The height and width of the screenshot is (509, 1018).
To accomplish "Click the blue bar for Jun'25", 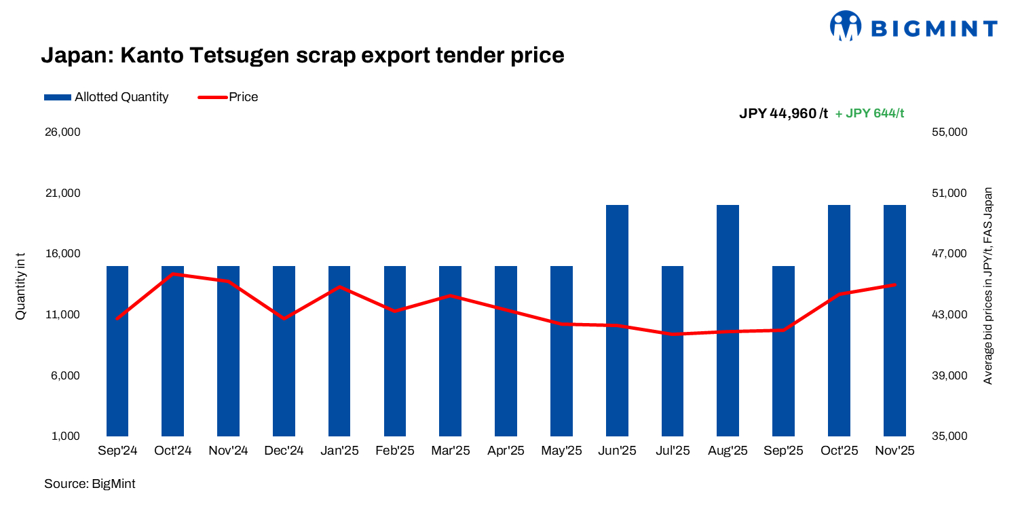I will pos(617,320).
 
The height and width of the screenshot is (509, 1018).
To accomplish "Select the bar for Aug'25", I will pos(728,320).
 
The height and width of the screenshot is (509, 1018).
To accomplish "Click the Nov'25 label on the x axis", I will pos(894,451).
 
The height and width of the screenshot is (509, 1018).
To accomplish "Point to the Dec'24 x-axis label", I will pos(284,451).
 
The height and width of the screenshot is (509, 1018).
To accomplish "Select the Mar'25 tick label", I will pos(451,451).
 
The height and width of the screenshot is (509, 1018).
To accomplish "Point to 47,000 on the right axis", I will pos(949,254).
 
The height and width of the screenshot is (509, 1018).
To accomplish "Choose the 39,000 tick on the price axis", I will pos(949,375).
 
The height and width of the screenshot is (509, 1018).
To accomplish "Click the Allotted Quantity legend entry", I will pos(106,97).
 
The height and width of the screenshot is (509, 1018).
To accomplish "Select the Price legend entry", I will pos(228,97).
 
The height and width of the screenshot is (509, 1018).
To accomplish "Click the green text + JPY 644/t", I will pos(869,114).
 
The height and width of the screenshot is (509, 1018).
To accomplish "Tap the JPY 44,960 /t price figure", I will pos(783,114).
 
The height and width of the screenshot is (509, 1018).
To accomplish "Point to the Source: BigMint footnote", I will pos(90,484).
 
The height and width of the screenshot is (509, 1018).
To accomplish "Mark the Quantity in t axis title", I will pos(21,285).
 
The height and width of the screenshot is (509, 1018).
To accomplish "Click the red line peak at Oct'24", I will pos(174,274).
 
